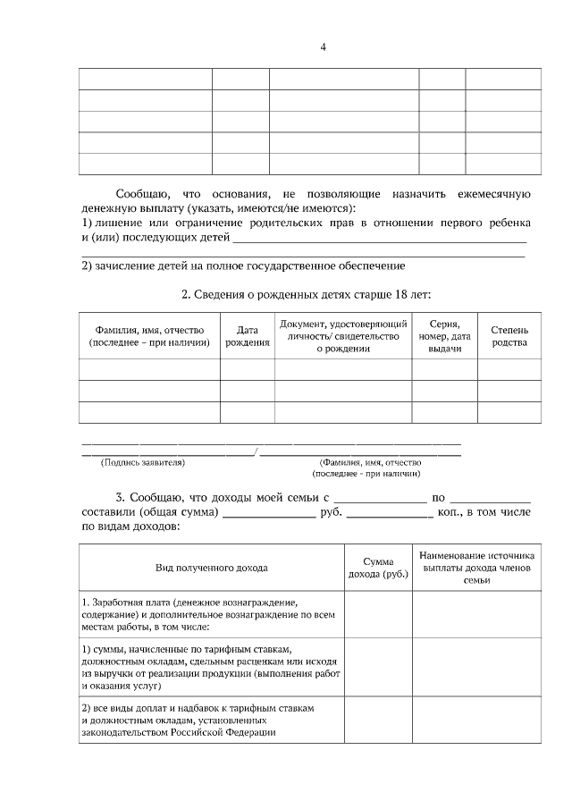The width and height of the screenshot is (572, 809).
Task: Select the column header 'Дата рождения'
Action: [248, 336]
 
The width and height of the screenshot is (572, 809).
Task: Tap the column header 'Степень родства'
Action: [509, 336]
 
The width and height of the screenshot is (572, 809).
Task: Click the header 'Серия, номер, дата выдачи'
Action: [444, 336]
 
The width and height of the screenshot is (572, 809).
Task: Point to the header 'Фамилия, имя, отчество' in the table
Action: [149, 336]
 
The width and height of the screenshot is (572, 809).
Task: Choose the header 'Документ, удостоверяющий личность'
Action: [343, 336]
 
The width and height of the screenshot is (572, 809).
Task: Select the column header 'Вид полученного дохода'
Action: [212, 567]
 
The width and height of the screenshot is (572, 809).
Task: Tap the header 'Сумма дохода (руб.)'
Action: [377, 567]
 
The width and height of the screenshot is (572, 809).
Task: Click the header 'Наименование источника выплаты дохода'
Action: [476, 567]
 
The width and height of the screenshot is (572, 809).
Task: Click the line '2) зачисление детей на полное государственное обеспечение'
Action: [244, 265]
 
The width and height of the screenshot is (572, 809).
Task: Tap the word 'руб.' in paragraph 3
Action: [331, 512]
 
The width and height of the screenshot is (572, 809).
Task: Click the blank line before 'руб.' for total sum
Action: [269, 514]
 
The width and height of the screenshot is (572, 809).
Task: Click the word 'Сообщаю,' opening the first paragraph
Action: [142, 194]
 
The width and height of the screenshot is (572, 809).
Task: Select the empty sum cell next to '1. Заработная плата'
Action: [377, 614]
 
